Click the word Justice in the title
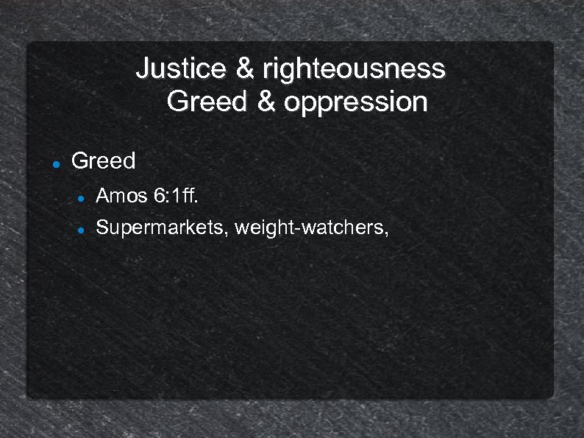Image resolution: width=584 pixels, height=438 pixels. [182, 68]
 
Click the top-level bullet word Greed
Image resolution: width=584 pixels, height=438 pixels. [104, 160]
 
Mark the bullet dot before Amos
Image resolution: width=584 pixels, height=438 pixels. [82, 197]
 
